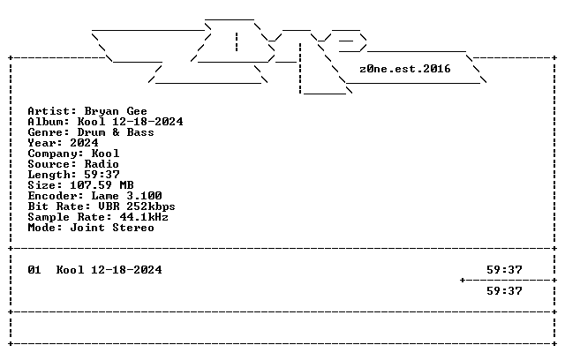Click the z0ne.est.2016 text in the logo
[x=405, y=69]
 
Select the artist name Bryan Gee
[x=116, y=111]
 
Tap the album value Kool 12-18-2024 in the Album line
[x=130, y=122]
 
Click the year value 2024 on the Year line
[x=84, y=143]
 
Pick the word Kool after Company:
[x=105, y=154]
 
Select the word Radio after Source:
[x=102, y=164]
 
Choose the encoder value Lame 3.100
[x=126, y=196]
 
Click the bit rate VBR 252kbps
[x=137, y=206]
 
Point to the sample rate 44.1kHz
[x=144, y=217]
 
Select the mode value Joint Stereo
[x=112, y=228]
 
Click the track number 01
[x=34, y=270]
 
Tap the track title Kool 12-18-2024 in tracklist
[x=109, y=270]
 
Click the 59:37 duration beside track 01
[x=504, y=270]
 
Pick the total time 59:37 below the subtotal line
[x=504, y=291]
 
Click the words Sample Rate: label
[x=70, y=217]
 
